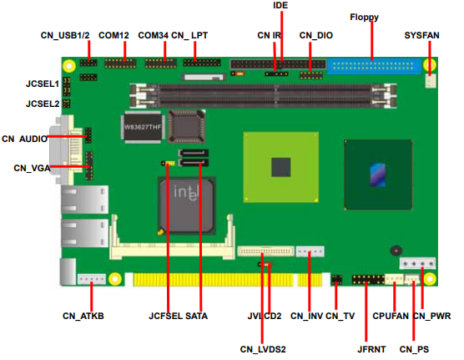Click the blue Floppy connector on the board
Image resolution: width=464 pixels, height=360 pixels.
pyautogui.click(x=374, y=66)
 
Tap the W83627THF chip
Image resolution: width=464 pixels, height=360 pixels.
pyautogui.click(x=143, y=127)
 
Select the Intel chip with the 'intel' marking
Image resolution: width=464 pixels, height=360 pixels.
pyautogui.click(x=186, y=205)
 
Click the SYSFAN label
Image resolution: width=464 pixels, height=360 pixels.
pyautogui.click(x=421, y=35)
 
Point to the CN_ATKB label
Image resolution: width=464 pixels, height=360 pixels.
pyautogui.click(x=83, y=316)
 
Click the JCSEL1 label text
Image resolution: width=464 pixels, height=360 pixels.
pyautogui.click(x=43, y=84)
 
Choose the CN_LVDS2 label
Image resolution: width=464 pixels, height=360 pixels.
pyautogui.click(x=263, y=349)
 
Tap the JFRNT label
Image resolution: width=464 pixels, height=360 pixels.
pyautogui.click(x=371, y=349)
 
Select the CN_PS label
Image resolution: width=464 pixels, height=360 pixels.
pyautogui.click(x=414, y=349)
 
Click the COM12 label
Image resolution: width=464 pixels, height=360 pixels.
pyautogui.click(x=113, y=35)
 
